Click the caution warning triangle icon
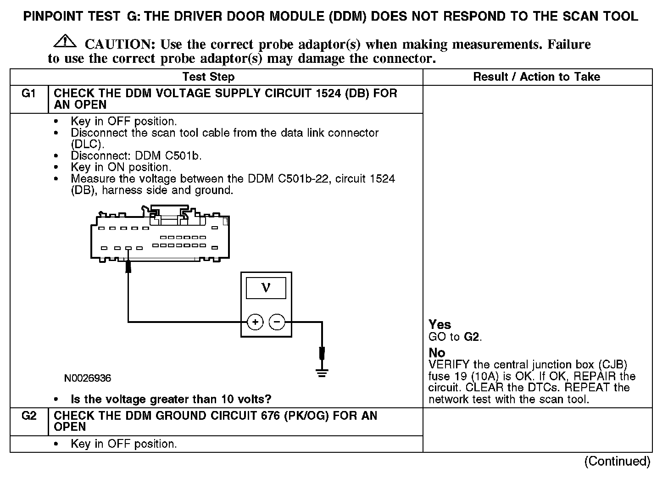65,41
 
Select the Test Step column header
208,77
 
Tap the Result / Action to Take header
536,77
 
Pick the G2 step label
28,417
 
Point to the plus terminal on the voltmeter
255,322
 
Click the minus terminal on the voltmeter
277,322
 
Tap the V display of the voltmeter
266,288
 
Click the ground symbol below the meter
322,372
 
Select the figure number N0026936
88,378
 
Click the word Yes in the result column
440,325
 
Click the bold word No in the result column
437,353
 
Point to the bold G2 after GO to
472,337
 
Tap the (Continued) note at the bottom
617,461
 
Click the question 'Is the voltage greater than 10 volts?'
171,399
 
